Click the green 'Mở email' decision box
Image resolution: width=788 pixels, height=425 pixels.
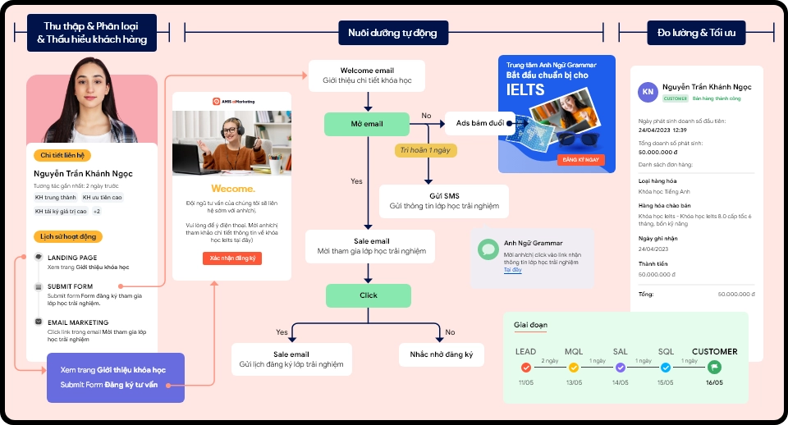click(x=366, y=123)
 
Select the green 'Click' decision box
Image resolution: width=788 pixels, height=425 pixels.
click(x=368, y=295)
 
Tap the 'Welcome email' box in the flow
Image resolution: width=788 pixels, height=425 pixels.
click(x=367, y=76)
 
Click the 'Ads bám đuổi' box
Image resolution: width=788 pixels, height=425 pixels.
click(x=480, y=123)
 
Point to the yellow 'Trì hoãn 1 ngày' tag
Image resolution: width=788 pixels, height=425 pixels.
click(x=425, y=150)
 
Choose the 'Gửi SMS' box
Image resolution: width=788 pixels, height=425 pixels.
click(x=444, y=201)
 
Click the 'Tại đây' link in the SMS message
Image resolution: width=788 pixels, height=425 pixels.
click(x=512, y=269)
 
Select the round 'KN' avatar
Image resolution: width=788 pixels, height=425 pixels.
click(x=648, y=91)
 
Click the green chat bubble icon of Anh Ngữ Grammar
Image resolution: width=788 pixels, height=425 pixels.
click(x=488, y=249)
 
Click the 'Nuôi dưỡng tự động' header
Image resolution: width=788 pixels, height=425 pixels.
click(x=393, y=33)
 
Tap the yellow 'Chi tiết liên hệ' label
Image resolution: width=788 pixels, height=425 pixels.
click(x=63, y=155)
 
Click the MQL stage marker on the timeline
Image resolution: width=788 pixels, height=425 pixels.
click(x=574, y=368)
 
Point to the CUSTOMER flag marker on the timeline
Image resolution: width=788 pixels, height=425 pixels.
click(x=713, y=368)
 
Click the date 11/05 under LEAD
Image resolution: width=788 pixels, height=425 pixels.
click(x=525, y=382)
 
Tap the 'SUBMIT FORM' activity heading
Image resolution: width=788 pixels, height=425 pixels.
click(x=70, y=286)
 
